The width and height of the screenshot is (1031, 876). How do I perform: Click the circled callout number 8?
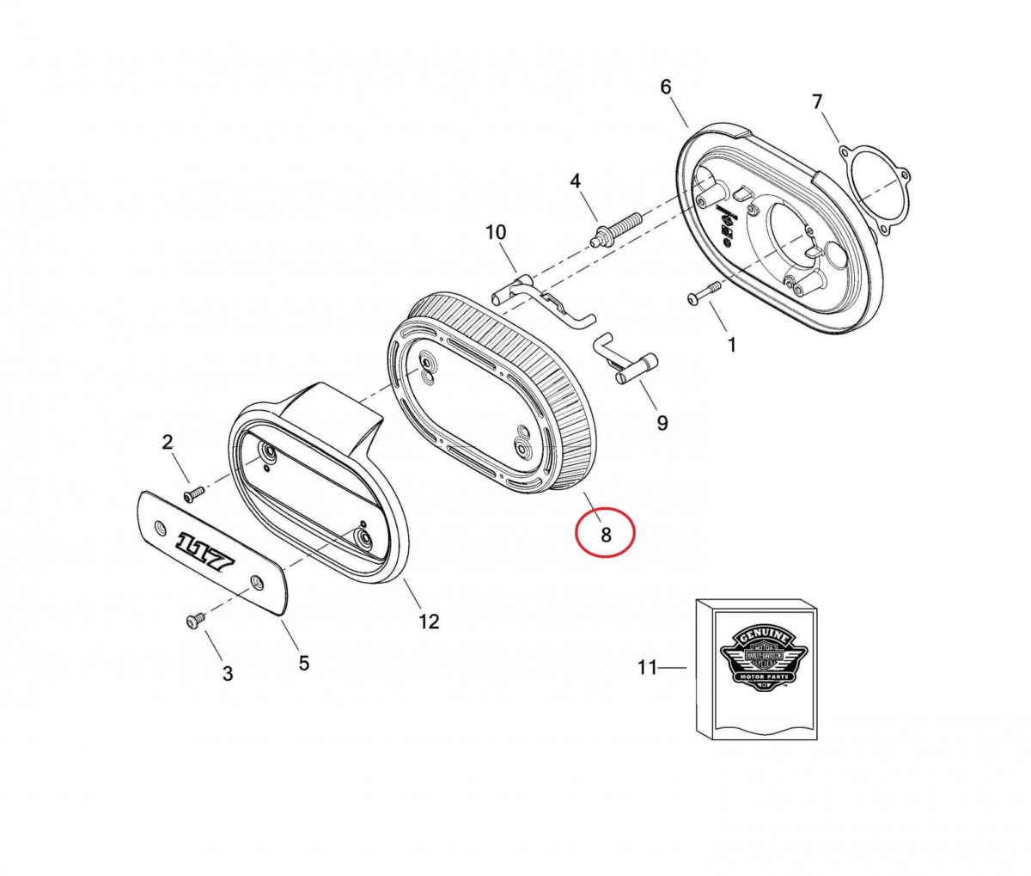click(x=605, y=534)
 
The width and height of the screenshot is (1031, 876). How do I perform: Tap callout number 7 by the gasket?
click(x=817, y=102)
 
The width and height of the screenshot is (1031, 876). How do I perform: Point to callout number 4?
click(x=575, y=181)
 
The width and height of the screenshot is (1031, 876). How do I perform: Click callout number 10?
click(x=496, y=232)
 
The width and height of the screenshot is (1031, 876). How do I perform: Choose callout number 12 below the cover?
click(x=428, y=621)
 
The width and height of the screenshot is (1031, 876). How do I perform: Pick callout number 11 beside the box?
click(x=647, y=667)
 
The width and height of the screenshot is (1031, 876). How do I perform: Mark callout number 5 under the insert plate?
click(x=303, y=663)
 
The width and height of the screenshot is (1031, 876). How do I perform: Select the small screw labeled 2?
click(x=193, y=493)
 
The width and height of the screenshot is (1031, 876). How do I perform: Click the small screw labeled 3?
click(x=193, y=621)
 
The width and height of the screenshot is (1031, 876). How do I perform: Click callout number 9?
click(x=662, y=422)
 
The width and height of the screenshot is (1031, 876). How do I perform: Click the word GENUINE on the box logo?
click(x=760, y=636)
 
